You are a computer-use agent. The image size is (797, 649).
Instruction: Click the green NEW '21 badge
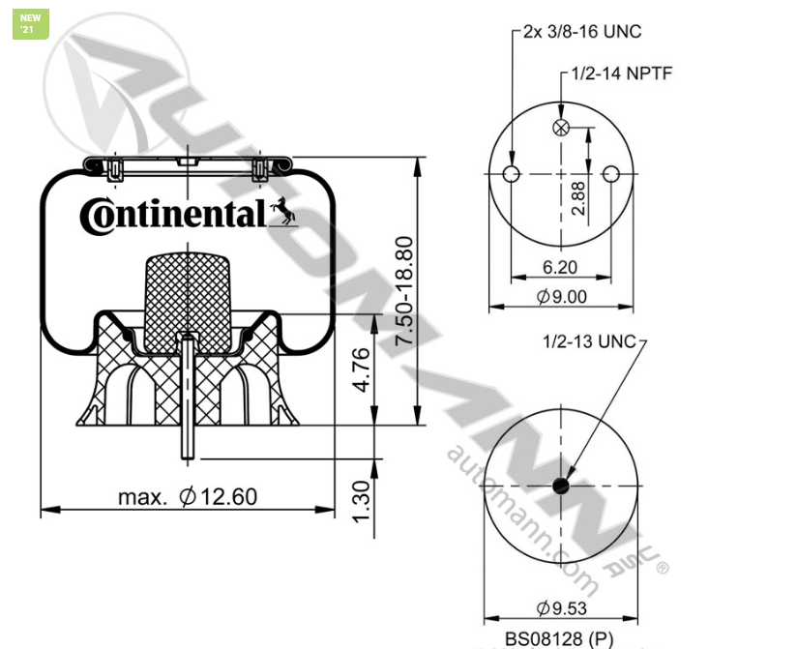tap(30, 24)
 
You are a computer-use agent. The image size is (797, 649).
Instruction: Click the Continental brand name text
tap(172, 214)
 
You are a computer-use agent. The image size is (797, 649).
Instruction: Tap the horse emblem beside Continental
tap(282, 210)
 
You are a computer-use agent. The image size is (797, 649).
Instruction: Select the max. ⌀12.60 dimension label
tap(188, 497)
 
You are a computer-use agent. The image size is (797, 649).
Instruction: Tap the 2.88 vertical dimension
tap(577, 196)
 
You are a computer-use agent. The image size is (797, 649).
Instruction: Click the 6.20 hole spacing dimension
tap(562, 267)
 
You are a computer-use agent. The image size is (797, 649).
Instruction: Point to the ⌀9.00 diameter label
tap(562, 297)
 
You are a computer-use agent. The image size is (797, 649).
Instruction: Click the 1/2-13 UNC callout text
tap(589, 341)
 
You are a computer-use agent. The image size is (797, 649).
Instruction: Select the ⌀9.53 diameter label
tap(562, 608)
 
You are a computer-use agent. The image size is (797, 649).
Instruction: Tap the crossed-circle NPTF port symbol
tap(561, 129)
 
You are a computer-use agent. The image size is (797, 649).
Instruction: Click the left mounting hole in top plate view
tap(513, 174)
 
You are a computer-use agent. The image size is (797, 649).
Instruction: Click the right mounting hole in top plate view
tap(610, 174)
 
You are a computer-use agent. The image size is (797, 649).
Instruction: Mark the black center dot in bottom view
tap(562, 486)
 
